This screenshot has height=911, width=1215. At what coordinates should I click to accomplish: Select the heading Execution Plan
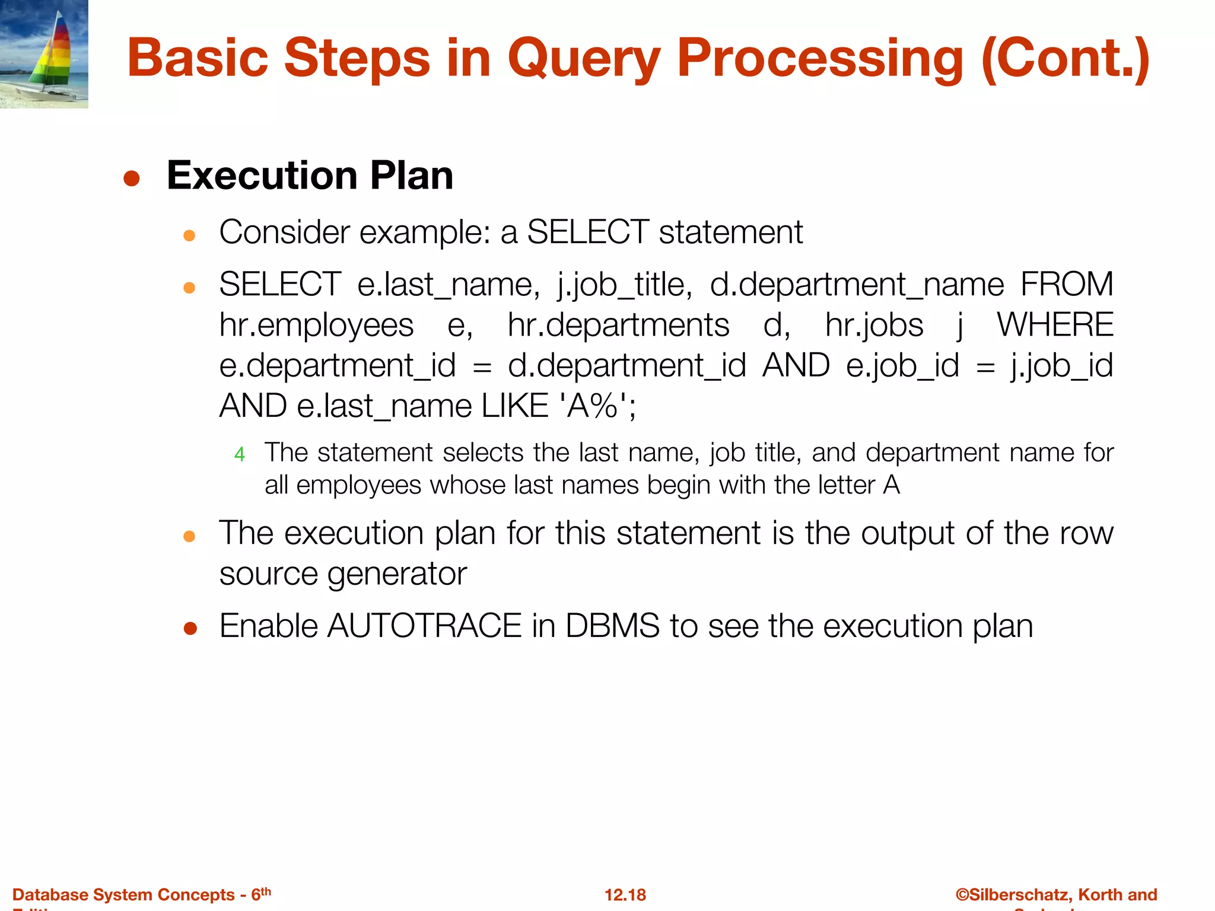click(x=310, y=176)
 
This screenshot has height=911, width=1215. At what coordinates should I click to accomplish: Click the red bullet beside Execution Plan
click(x=132, y=179)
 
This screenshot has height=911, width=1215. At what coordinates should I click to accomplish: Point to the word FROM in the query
click(x=1067, y=284)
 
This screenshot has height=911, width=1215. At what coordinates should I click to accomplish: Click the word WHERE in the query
click(x=1055, y=325)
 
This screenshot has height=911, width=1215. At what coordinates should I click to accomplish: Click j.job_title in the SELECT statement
click(x=624, y=285)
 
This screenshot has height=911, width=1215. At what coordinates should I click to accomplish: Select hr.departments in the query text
click(x=618, y=325)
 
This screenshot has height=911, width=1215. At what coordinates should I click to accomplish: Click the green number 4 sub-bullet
click(x=240, y=455)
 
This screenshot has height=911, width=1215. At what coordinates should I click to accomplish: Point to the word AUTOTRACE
click(x=424, y=626)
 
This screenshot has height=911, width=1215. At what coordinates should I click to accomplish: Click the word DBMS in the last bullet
click(x=612, y=626)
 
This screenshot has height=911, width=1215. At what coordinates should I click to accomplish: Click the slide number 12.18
click(x=625, y=894)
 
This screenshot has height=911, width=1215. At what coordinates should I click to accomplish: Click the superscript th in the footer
click(x=266, y=891)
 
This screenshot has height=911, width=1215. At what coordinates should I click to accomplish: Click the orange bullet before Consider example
click(x=189, y=236)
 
